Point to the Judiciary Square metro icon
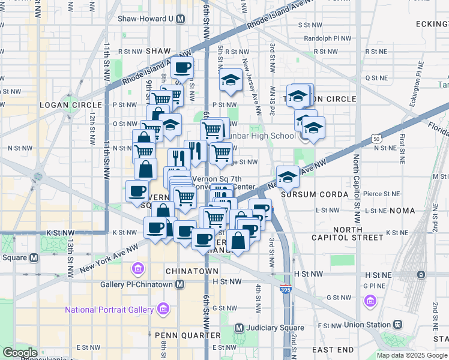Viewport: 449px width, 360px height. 239,328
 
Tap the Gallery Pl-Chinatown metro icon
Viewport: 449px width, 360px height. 180,283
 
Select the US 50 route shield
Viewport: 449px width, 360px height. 376,139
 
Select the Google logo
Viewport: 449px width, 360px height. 20,353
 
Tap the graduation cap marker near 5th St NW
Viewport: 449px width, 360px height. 231,80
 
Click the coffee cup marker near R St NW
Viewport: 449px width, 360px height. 182,67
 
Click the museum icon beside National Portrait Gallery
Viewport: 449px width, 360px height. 162,310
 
